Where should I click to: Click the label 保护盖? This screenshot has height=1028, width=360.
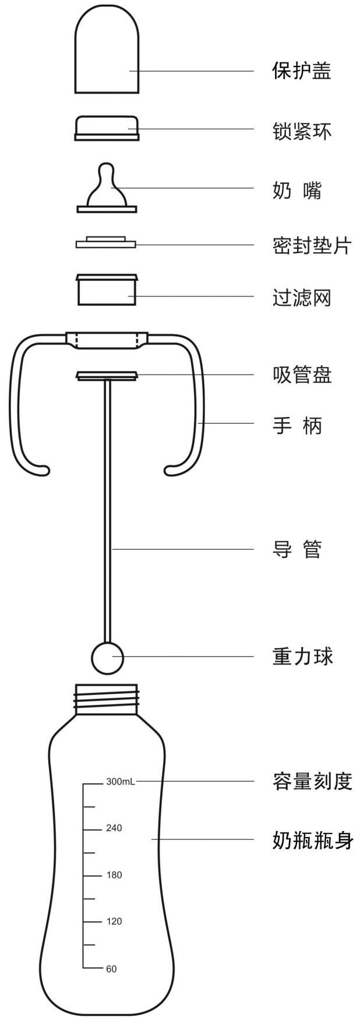pyautogui.click(x=302, y=71)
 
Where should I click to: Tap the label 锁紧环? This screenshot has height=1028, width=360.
pyautogui.click(x=302, y=131)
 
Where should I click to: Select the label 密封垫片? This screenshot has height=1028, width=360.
pyautogui.click(x=312, y=245)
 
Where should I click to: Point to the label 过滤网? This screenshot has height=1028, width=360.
pyautogui.click(x=302, y=298)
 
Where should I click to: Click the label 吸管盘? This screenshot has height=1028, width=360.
pyautogui.click(x=302, y=375)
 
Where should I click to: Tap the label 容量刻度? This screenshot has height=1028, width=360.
pyautogui.click(x=312, y=781)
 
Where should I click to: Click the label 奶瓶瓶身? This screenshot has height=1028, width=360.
pyautogui.click(x=312, y=839)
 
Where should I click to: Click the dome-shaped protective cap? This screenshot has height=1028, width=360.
pyautogui.click(x=107, y=52)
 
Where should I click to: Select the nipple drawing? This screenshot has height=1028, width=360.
pyautogui.click(x=106, y=189)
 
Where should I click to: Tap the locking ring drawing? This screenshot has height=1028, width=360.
pyautogui.click(x=107, y=128)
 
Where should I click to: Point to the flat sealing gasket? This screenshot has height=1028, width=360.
pyautogui.click(x=105, y=242)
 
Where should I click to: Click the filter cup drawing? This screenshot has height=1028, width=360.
pyautogui.click(x=107, y=289)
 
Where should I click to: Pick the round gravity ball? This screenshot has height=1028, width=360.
pyautogui.click(x=108, y=657)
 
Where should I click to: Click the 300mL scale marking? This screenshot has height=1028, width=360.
pyautogui.click(x=120, y=782)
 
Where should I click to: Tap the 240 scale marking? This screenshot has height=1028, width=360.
pyautogui.click(x=114, y=828)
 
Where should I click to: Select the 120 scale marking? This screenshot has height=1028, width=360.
pyautogui.click(x=114, y=921)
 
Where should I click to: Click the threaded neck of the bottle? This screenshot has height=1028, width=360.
pyautogui.click(x=107, y=697)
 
